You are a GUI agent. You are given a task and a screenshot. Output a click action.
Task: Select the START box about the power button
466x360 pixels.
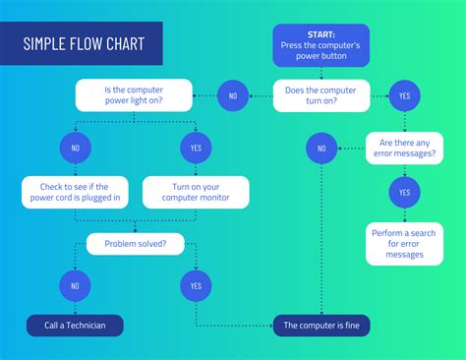[320, 44]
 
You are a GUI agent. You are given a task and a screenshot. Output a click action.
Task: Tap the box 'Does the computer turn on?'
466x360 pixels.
[320, 95]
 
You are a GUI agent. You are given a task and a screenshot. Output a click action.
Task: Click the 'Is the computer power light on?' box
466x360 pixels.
[134, 95]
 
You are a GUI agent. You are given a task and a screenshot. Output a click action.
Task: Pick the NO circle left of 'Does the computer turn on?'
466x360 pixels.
[233, 95]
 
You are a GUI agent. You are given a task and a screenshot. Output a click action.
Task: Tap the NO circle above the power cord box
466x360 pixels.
[75, 149]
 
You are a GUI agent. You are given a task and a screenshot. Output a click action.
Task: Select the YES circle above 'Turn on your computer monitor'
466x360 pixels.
[195, 149]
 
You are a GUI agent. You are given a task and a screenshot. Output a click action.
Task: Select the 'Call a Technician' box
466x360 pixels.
[75, 325]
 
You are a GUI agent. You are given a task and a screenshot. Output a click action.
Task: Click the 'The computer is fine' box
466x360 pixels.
[320, 325]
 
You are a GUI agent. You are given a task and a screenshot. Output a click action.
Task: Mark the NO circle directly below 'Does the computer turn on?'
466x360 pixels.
[320, 149]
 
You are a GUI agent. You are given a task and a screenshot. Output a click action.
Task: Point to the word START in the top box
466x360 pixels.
[320, 33]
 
